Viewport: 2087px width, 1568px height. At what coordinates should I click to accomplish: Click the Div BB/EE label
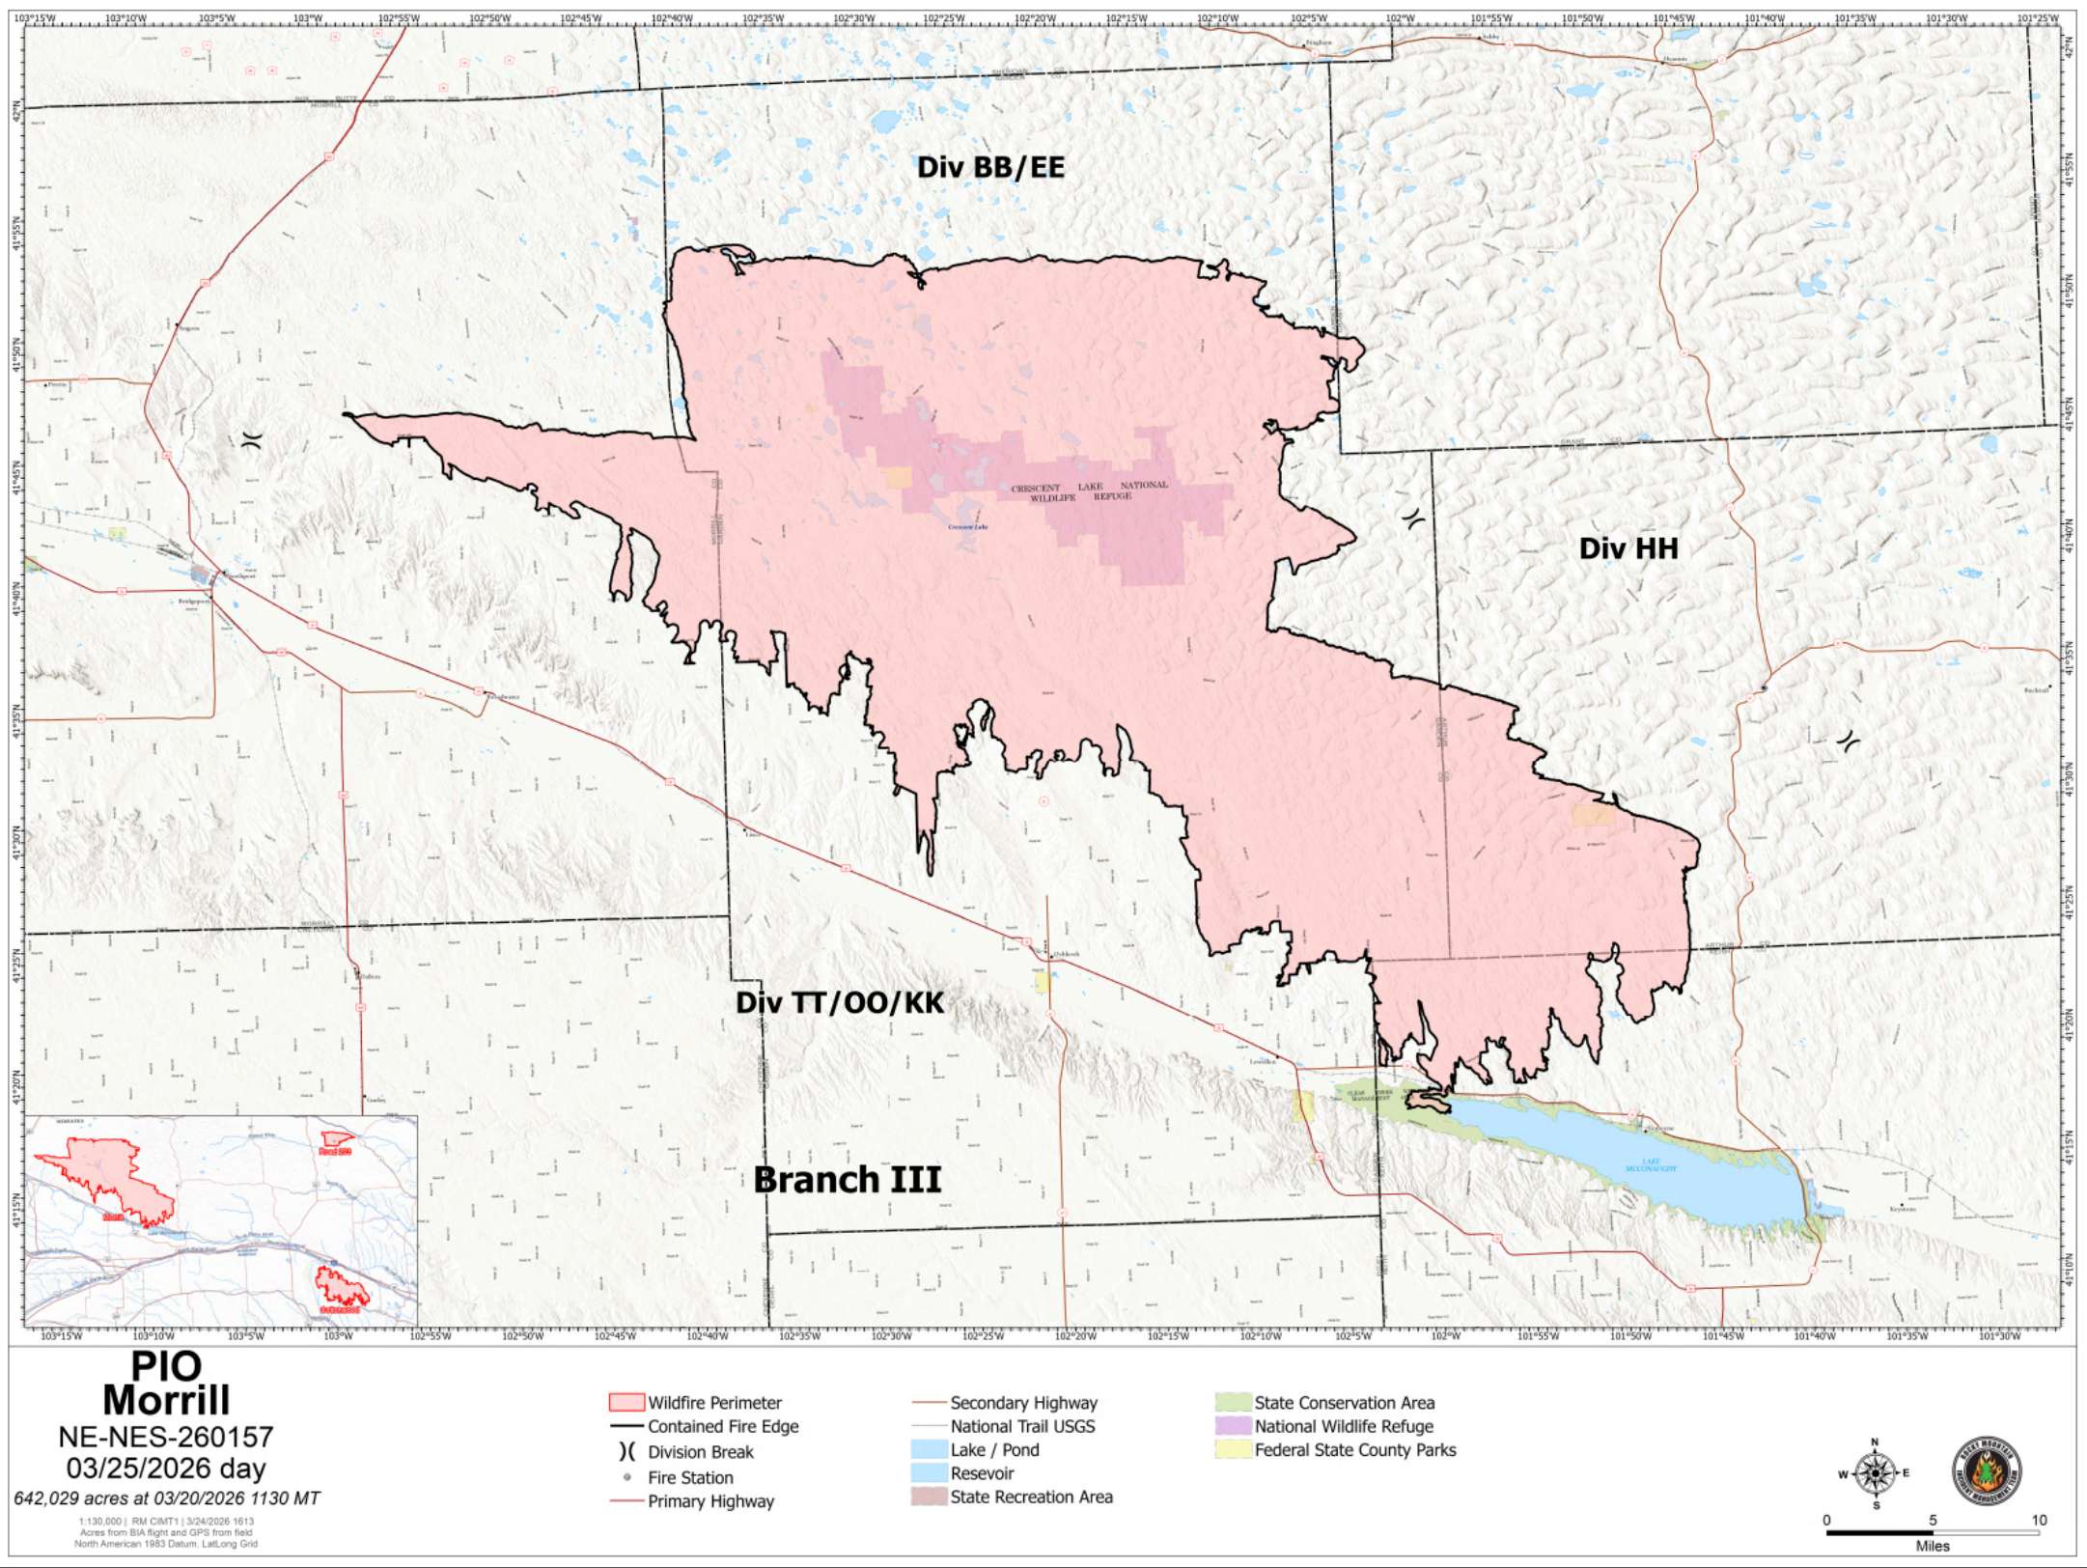click(990, 167)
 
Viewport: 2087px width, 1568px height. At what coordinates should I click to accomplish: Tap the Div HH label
click(1628, 548)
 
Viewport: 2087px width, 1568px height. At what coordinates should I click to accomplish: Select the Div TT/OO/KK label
click(840, 1002)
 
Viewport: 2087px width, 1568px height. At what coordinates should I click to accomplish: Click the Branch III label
click(847, 1179)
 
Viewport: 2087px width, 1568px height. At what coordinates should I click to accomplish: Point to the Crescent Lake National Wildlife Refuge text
click(1089, 491)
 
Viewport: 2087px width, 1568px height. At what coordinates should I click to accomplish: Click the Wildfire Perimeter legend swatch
click(626, 1402)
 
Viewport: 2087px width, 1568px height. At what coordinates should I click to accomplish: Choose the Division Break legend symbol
click(627, 1451)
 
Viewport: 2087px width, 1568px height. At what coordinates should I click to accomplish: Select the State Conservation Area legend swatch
click(1233, 1402)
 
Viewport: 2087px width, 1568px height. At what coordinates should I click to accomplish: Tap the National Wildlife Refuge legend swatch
click(1233, 1426)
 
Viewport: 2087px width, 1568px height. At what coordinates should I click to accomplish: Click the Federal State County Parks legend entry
click(1354, 1449)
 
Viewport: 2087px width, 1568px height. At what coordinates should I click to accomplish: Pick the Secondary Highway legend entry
click(1023, 1402)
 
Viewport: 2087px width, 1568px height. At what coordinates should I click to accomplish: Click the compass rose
click(1875, 1473)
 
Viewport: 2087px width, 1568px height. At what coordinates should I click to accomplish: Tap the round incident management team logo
click(1986, 1470)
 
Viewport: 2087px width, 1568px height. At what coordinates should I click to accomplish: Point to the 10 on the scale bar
click(2039, 1520)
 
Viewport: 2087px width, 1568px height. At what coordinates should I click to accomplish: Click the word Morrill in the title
click(166, 1400)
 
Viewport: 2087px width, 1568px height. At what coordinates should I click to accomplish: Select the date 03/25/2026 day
click(166, 1469)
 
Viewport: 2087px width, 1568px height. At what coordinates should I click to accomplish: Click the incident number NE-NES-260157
click(166, 1437)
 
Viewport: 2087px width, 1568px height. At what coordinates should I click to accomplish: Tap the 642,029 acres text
click(166, 1498)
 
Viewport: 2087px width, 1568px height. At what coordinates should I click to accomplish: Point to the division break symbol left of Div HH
click(1413, 518)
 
